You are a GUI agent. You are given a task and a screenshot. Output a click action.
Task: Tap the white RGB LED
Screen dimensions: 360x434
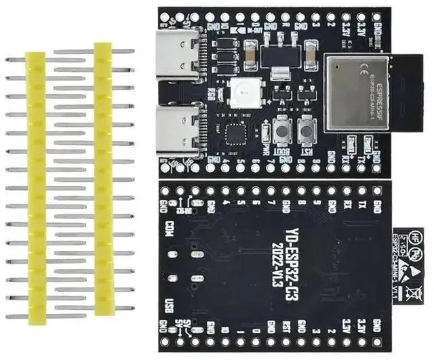[x=241, y=92]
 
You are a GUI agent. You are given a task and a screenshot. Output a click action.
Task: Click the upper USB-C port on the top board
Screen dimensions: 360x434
[x=178, y=52]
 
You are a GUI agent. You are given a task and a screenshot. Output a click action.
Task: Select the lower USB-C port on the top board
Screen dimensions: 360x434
[x=178, y=131]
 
